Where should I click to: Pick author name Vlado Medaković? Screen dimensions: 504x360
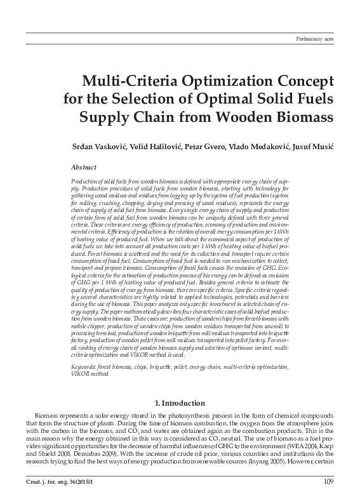(x=257, y=147)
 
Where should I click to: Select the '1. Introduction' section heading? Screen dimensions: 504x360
(x=180, y=402)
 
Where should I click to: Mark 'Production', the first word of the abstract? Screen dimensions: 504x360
(x=84, y=181)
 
